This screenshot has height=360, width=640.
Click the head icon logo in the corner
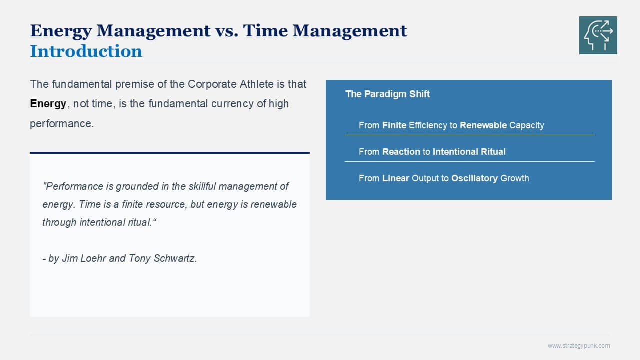coord(598,35)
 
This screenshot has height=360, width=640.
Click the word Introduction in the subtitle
coord(86,51)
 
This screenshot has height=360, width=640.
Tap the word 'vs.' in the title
coord(226,31)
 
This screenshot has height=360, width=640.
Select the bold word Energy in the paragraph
coord(48,103)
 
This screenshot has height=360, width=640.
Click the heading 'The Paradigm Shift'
coord(387,94)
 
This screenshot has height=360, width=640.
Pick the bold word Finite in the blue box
coord(394,125)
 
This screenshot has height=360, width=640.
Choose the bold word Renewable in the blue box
coord(483,125)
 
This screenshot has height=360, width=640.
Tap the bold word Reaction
coord(401,152)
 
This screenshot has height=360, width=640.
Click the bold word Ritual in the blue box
coord(493,152)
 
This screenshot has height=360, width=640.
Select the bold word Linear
coord(395,178)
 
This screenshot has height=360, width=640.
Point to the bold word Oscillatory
coord(474,178)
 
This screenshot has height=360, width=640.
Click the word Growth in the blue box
coord(515,178)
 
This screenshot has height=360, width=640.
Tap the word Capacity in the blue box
coord(527,125)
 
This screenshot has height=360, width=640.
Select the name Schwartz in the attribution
coord(175,258)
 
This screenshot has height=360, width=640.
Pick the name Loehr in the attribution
coord(94,258)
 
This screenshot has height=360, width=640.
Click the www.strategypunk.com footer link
coord(579,346)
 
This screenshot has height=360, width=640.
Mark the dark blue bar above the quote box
coord(170,153)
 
